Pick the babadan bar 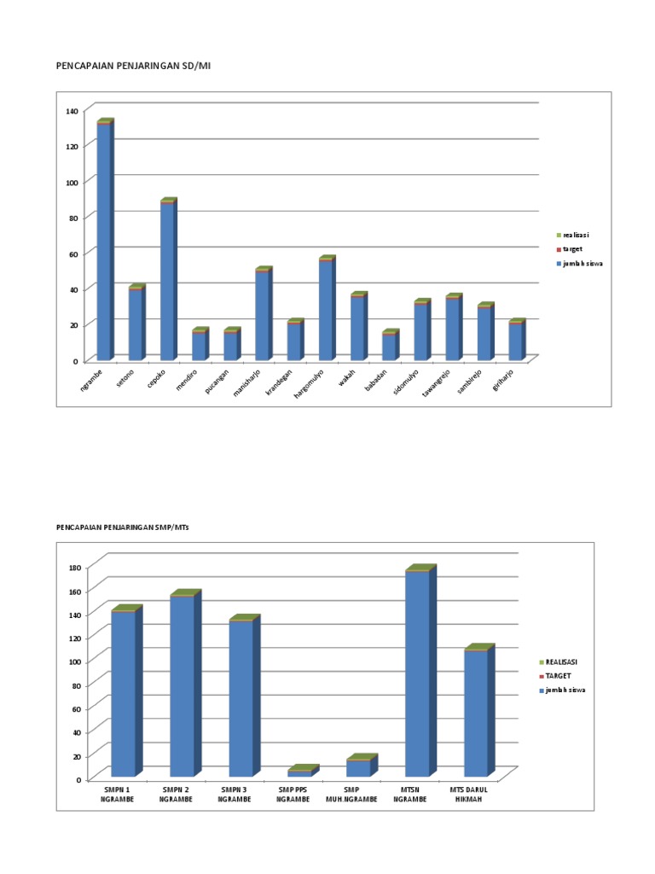389,346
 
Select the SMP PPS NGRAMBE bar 300,772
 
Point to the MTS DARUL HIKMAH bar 476,713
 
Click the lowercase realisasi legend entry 576,235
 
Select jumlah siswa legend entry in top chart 583,264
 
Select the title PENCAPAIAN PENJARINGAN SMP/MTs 122,528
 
